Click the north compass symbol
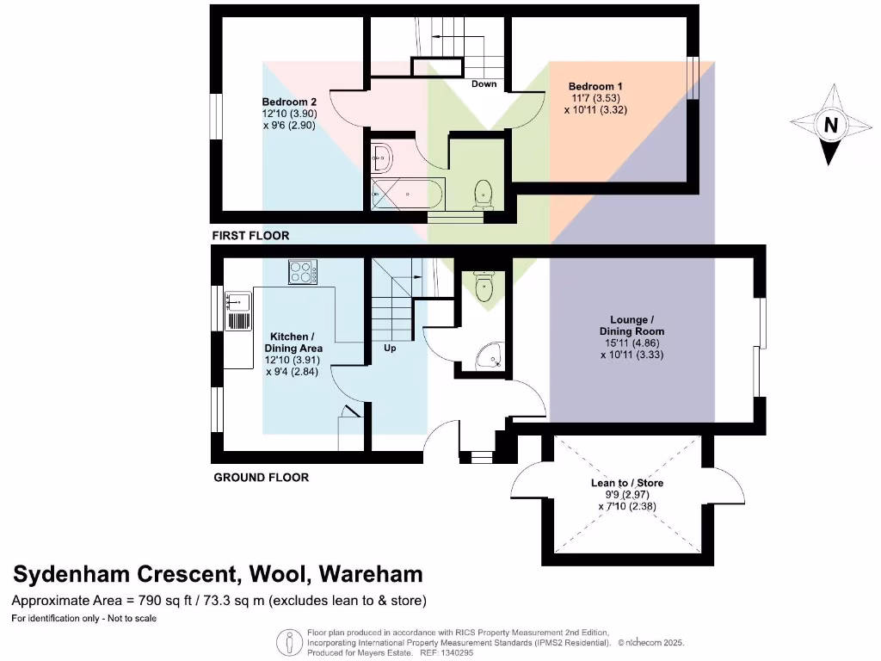(x=829, y=125)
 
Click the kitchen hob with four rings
(x=302, y=271)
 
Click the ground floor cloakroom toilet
(x=484, y=286)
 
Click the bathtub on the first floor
(x=407, y=194)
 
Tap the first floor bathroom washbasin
(x=381, y=158)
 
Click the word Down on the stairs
(x=484, y=84)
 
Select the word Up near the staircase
(x=390, y=349)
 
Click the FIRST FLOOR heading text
(x=250, y=235)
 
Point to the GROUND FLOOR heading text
(x=261, y=477)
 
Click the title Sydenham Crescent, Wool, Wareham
(x=217, y=574)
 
